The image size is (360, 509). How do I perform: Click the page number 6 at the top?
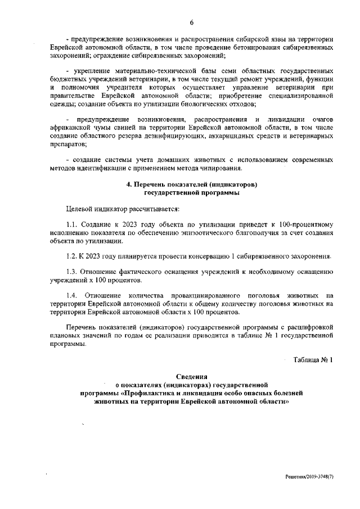pos(191,22)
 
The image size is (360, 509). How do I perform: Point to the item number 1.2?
pos(73,257)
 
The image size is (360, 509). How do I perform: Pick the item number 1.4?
pos(73,295)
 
